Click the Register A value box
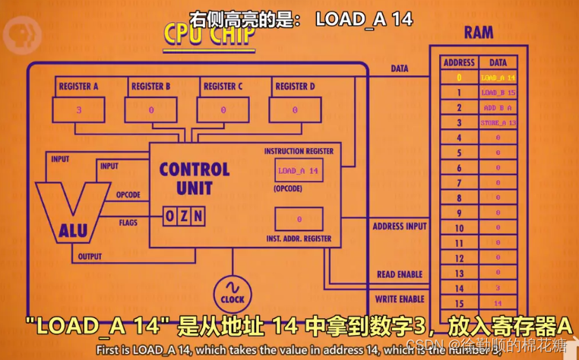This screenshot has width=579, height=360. point(79,110)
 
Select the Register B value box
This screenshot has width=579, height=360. point(151,110)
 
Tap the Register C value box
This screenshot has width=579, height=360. point(223,110)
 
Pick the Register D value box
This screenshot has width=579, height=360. point(296,110)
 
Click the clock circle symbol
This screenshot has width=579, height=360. point(232,292)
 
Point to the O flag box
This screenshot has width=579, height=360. point(170,216)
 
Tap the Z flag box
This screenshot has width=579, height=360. point(184,216)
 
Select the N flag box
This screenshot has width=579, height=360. point(198,216)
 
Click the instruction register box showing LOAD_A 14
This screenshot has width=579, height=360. point(299,171)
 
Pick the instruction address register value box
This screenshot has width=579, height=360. point(299,219)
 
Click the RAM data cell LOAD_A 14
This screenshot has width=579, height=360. point(498,77)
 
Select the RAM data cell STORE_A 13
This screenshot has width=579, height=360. point(498,122)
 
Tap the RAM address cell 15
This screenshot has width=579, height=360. point(458,302)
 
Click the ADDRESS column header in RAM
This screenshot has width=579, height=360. point(458,62)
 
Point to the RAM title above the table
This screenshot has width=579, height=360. point(478,32)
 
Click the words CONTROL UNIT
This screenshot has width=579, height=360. point(194,177)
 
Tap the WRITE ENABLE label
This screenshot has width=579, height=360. point(400,299)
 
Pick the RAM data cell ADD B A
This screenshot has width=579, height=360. point(498,108)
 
